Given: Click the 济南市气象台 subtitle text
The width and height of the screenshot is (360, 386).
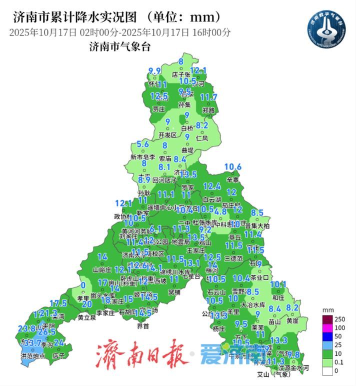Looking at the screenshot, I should pyautogui.click(x=119, y=47).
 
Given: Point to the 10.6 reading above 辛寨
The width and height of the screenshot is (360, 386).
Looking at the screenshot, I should pyautogui.click(x=232, y=167).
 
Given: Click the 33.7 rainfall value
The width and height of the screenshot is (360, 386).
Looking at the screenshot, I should pyautogui.click(x=32, y=343).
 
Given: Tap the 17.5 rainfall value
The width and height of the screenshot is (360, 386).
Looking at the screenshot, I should pyautogui.click(x=58, y=303).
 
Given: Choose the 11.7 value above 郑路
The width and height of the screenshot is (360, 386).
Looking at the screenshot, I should pyautogui.click(x=208, y=97).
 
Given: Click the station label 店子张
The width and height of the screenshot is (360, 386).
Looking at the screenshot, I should pyautogui.click(x=181, y=75).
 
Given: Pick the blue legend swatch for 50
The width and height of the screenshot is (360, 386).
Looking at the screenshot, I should pyautogui.click(x=325, y=336).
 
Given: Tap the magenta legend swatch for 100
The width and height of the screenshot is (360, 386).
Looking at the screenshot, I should pyautogui.click(x=325, y=328).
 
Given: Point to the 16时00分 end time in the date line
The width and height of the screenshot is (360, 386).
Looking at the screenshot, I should pyautogui.click(x=210, y=33).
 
